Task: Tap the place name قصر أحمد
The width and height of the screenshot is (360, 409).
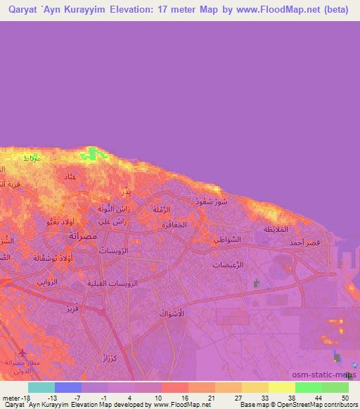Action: (x=306, y=242)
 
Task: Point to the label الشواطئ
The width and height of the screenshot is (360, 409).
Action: (x=227, y=239)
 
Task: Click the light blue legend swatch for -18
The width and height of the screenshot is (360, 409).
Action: (x=41, y=387)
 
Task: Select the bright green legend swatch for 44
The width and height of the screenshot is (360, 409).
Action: (x=308, y=387)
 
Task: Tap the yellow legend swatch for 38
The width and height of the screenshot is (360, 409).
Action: (x=281, y=387)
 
